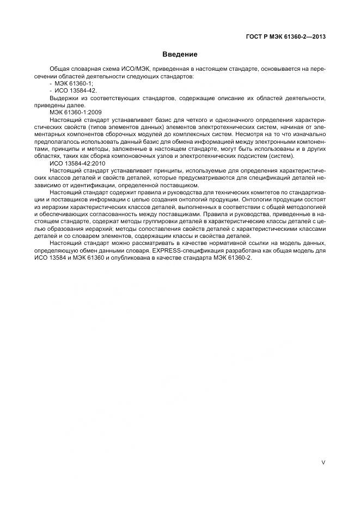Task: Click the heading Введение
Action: [x=180, y=54]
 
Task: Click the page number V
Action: [x=324, y=463]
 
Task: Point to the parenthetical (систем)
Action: [x=281, y=156]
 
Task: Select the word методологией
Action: [x=308, y=207]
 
